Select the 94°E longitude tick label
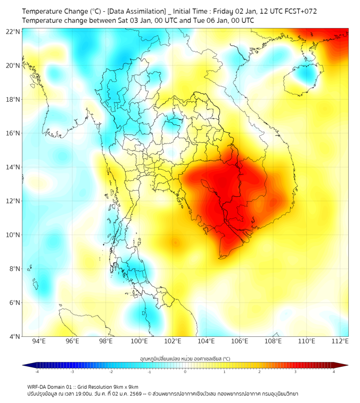pos(39,341)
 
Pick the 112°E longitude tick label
pos(340,341)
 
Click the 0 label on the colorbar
pos(185,372)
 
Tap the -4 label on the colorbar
pos(37,372)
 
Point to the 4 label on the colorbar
pos(334,372)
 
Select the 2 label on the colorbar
pos(259,372)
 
